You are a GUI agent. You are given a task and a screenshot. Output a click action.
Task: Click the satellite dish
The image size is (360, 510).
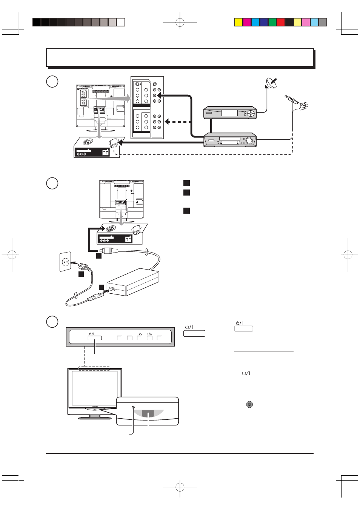tap(271, 83)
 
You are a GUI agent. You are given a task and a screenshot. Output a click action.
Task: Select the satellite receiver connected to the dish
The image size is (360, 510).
tap(230, 112)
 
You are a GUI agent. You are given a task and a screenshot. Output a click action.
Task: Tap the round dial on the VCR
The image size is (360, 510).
tap(249, 140)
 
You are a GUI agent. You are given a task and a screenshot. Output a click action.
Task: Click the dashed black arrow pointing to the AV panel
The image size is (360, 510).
tap(177, 122)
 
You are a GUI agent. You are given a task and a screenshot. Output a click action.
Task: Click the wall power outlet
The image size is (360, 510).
tap(65, 262)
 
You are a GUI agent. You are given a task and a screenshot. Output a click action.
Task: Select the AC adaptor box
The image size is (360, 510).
tap(133, 282)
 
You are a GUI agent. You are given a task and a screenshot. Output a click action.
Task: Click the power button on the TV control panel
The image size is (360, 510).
tap(95, 338)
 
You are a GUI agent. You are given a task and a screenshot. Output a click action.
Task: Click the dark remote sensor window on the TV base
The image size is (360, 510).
tap(148, 414)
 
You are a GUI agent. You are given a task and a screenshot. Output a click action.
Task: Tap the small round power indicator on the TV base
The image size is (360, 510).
tap(133, 408)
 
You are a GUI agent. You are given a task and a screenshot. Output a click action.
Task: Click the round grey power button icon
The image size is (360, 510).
tap(249, 404)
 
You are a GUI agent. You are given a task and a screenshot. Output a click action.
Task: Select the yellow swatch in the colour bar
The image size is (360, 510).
tap(238, 22)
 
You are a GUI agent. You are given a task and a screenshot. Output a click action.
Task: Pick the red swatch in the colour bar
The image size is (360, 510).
tap(280, 22)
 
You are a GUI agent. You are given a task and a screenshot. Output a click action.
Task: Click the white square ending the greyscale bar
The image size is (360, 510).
tap(121, 22)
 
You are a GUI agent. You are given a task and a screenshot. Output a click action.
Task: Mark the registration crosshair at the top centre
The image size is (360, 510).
tap(180, 23)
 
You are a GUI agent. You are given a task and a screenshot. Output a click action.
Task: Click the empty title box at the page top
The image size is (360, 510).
tap(180, 57)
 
